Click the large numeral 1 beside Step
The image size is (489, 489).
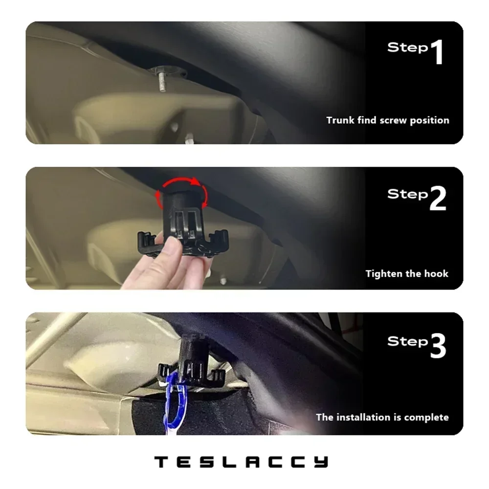(x=436, y=53)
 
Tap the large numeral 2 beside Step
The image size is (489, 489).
(x=438, y=199)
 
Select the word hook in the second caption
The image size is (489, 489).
(x=437, y=273)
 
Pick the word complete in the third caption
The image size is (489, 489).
(x=427, y=418)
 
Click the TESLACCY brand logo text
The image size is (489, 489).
(x=241, y=461)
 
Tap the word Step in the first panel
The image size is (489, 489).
(x=407, y=48)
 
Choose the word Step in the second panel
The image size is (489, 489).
(x=407, y=194)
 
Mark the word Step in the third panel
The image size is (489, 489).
(x=407, y=341)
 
